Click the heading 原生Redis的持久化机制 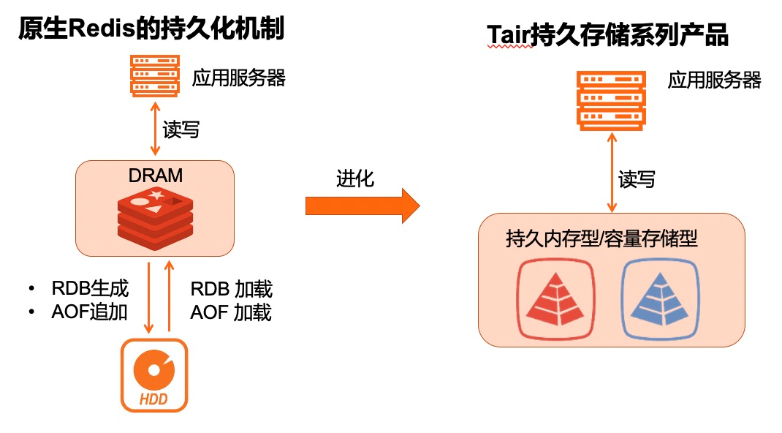point(151,29)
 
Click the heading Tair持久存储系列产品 point(608,36)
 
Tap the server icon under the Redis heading point(154,75)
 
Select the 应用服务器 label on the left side point(239,78)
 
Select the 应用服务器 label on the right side point(714,80)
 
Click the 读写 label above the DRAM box point(181,130)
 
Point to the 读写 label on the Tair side point(637,179)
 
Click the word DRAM point(154,176)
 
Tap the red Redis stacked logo point(154,217)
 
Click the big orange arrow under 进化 point(362,206)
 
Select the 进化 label point(356,178)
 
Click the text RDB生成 point(90,288)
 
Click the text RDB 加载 point(231,289)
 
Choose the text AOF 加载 point(231,313)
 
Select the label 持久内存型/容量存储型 point(601,239)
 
